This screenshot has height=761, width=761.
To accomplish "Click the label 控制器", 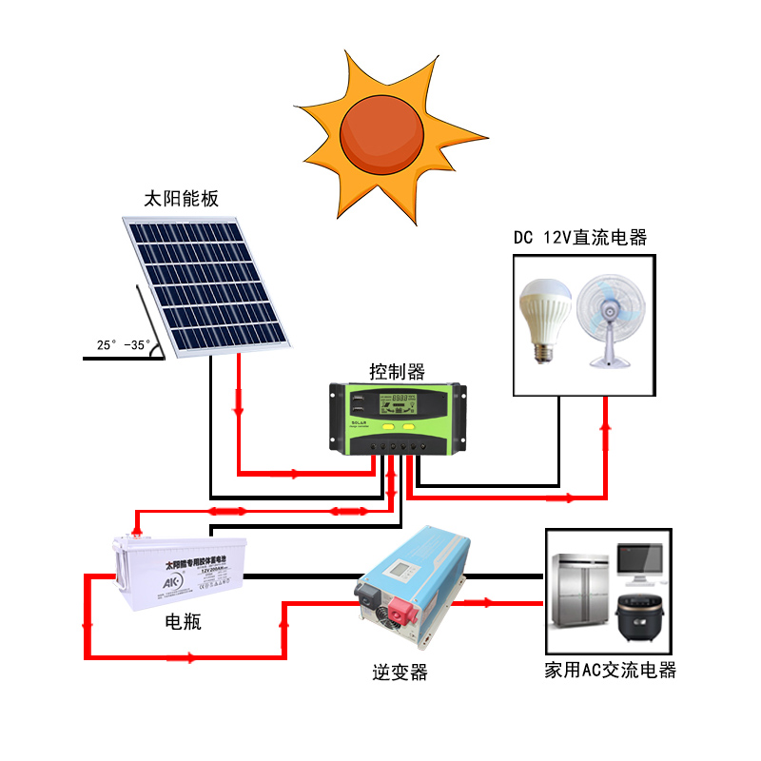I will click(x=397, y=370).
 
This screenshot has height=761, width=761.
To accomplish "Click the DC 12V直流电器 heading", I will click(x=580, y=237).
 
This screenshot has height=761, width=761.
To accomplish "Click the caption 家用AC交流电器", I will click(x=610, y=670).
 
